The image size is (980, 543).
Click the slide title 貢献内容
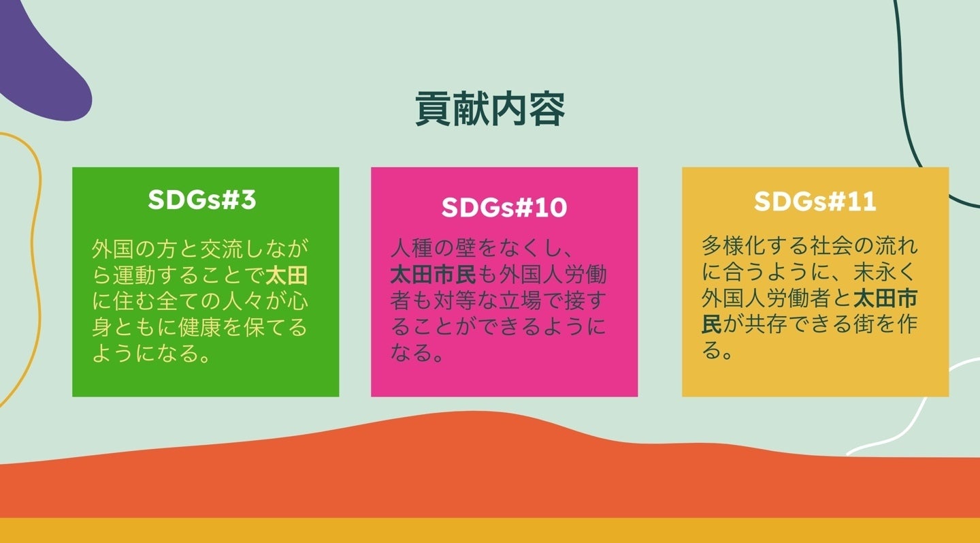[490, 108]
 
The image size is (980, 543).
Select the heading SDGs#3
[202, 200]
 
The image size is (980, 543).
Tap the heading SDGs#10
[504, 207]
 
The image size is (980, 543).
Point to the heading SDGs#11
[815, 202]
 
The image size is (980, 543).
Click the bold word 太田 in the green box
[287, 276]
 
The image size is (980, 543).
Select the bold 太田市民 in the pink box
[433, 275]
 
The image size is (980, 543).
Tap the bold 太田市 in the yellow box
[885, 298]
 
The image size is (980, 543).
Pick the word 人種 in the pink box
[412, 248]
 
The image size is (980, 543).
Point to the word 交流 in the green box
[221, 249]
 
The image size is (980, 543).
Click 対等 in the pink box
[454, 300]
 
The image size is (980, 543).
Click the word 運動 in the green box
[135, 276]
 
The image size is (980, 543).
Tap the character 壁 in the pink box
[465, 248]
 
